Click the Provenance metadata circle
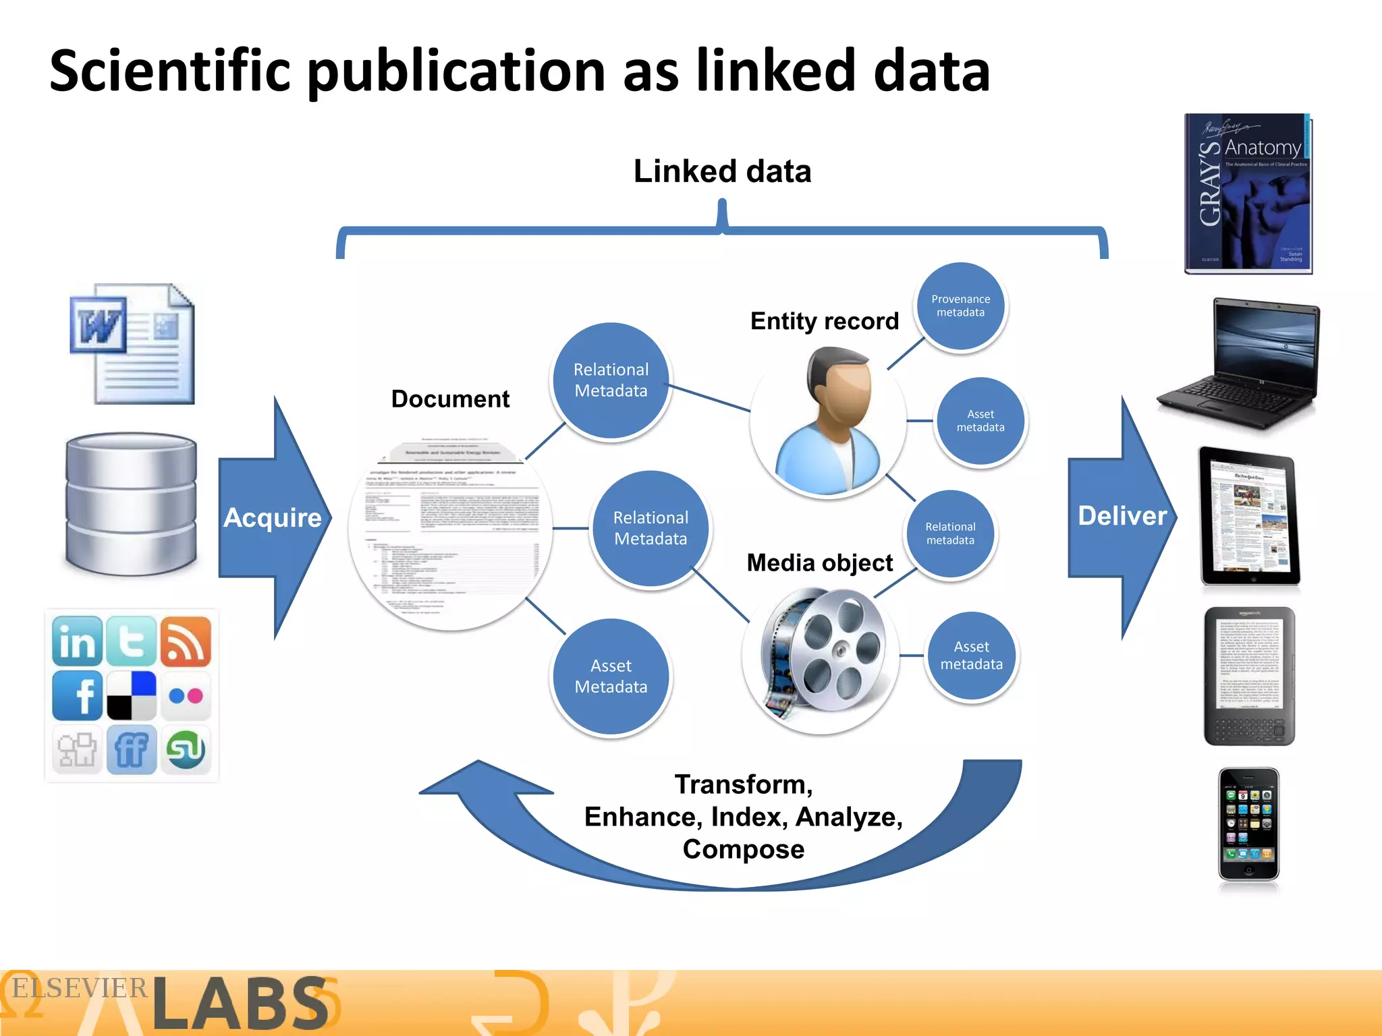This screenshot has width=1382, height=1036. point(960,306)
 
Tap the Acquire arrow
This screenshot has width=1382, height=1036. point(273,518)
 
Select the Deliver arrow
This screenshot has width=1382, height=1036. point(1122,516)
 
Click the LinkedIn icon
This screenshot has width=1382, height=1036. point(77,641)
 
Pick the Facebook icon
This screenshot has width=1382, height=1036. point(77,695)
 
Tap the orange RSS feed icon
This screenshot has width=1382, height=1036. point(186,641)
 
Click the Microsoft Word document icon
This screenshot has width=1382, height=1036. point(133,344)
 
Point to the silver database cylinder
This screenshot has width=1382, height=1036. point(131,505)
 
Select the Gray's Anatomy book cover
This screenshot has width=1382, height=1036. point(1248,194)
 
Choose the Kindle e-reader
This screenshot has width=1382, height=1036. point(1249,676)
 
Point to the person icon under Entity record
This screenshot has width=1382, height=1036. point(828,422)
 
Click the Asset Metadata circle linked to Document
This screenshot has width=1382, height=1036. point(611,677)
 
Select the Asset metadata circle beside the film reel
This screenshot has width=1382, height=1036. point(971,656)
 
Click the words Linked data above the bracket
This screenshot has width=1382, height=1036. point(722,171)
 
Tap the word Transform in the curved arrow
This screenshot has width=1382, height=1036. point(743,784)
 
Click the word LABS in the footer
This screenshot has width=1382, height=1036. point(240,1004)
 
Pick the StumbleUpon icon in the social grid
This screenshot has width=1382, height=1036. point(186,750)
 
